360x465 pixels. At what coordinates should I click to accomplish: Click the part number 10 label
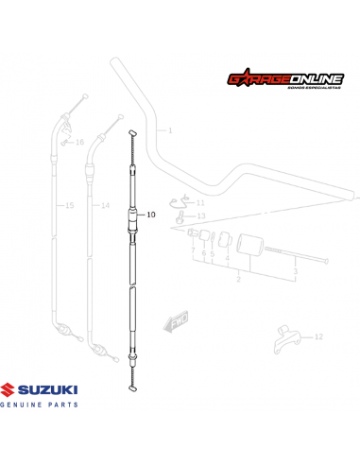(x=149, y=215)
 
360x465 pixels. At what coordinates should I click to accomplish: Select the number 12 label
(x=318, y=336)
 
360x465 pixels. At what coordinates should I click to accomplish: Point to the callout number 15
(x=68, y=205)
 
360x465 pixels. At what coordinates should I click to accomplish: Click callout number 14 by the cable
(x=104, y=205)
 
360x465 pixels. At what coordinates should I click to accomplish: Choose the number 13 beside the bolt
(x=200, y=216)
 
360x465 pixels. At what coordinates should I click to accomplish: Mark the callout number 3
(x=295, y=272)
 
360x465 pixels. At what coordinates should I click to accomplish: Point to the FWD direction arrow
(x=177, y=323)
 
